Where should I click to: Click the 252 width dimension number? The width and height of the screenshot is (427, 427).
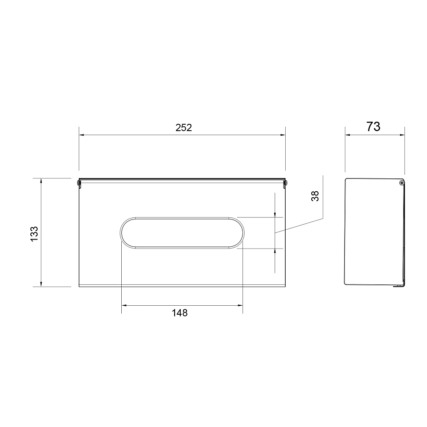click(x=184, y=127)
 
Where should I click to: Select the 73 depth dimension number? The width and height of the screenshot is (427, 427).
click(x=373, y=127)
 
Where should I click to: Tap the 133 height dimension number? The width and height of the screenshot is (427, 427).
click(x=34, y=234)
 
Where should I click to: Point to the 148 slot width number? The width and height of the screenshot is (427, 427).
click(x=180, y=313)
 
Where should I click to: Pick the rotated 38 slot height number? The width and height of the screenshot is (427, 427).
click(x=315, y=196)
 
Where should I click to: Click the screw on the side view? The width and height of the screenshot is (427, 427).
click(x=401, y=183)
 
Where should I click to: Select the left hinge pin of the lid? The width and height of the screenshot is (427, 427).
click(x=79, y=184)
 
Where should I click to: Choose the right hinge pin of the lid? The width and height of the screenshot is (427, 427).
click(x=285, y=184)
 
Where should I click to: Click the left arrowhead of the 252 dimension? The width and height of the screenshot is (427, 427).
click(x=82, y=135)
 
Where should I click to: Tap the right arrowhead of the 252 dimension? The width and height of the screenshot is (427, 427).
click(x=283, y=135)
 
